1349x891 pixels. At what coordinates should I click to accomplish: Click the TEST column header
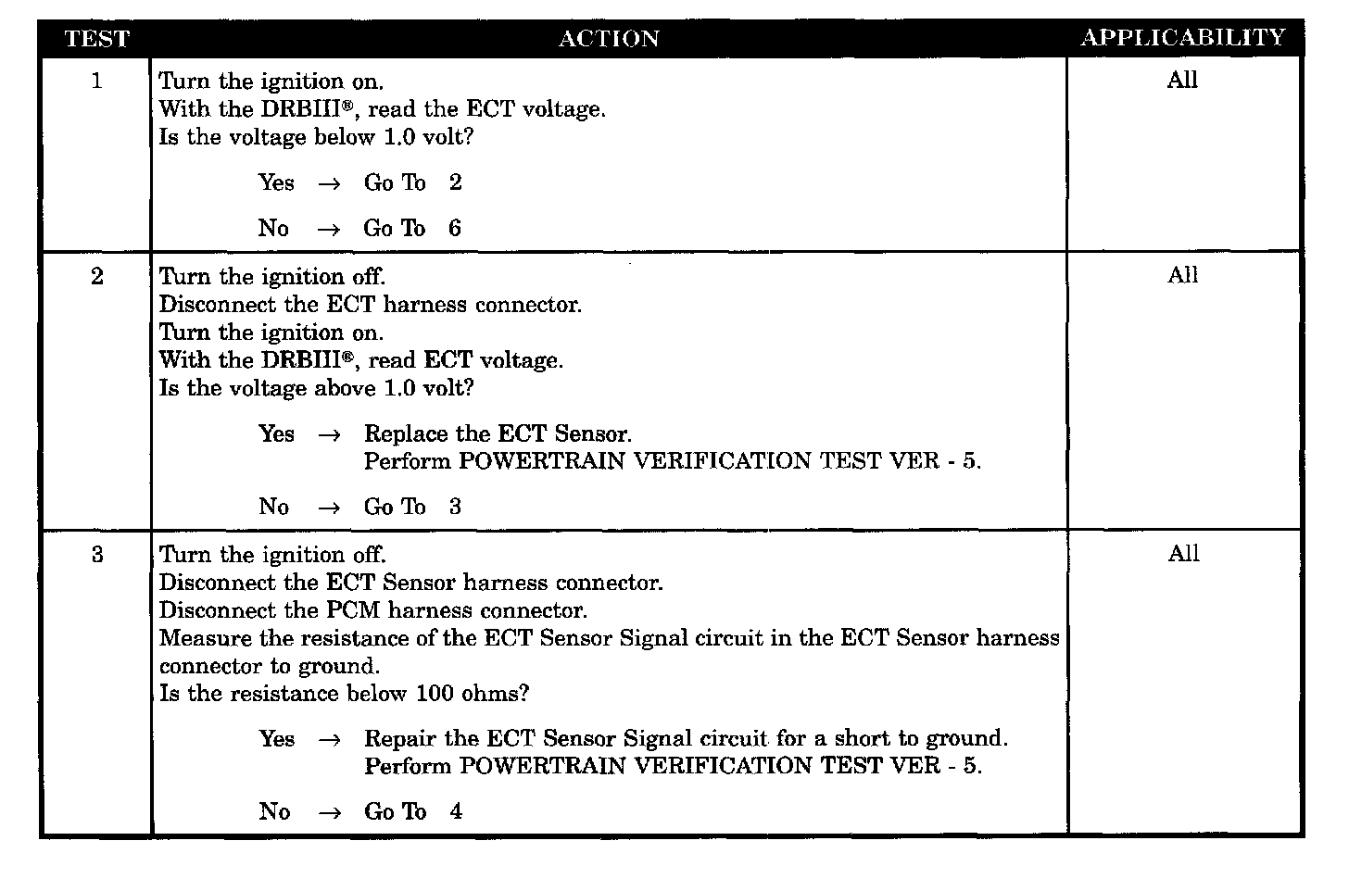coord(96,39)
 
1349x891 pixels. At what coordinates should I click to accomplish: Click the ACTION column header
coord(609,39)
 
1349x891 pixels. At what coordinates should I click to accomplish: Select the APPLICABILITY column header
coord(1182,38)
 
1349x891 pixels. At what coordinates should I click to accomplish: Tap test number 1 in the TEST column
coord(96,82)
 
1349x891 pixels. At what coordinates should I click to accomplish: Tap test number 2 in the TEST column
coord(96,277)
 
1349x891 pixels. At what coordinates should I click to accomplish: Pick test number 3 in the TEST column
coord(96,556)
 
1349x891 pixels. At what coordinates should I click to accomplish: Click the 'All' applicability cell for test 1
coord(1182,81)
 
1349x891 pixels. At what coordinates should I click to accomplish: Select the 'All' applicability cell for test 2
coord(1182,275)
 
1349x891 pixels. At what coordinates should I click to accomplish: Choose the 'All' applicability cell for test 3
coord(1183,554)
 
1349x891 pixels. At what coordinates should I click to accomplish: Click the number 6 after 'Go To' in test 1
coord(454,229)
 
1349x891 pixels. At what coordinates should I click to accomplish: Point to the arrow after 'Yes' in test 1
coord(329,183)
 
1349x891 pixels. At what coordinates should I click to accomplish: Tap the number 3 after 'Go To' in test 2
coord(454,508)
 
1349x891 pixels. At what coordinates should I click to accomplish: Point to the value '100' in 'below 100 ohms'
coord(435,695)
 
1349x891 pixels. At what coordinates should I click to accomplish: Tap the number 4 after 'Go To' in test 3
coord(455,812)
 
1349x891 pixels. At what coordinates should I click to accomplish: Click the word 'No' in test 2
coord(273,508)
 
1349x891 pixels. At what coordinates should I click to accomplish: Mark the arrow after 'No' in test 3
coord(329,813)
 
